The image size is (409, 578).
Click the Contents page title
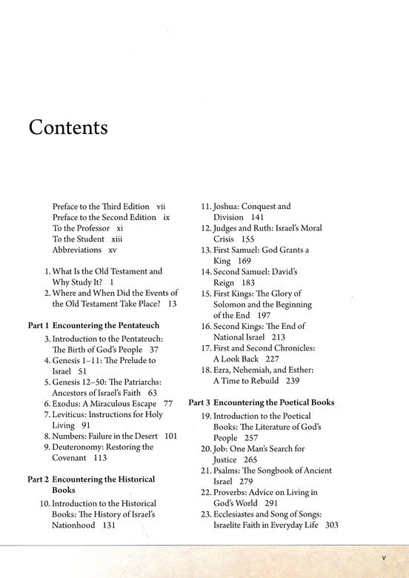coord(68,127)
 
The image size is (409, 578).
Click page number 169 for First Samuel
coord(245,260)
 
